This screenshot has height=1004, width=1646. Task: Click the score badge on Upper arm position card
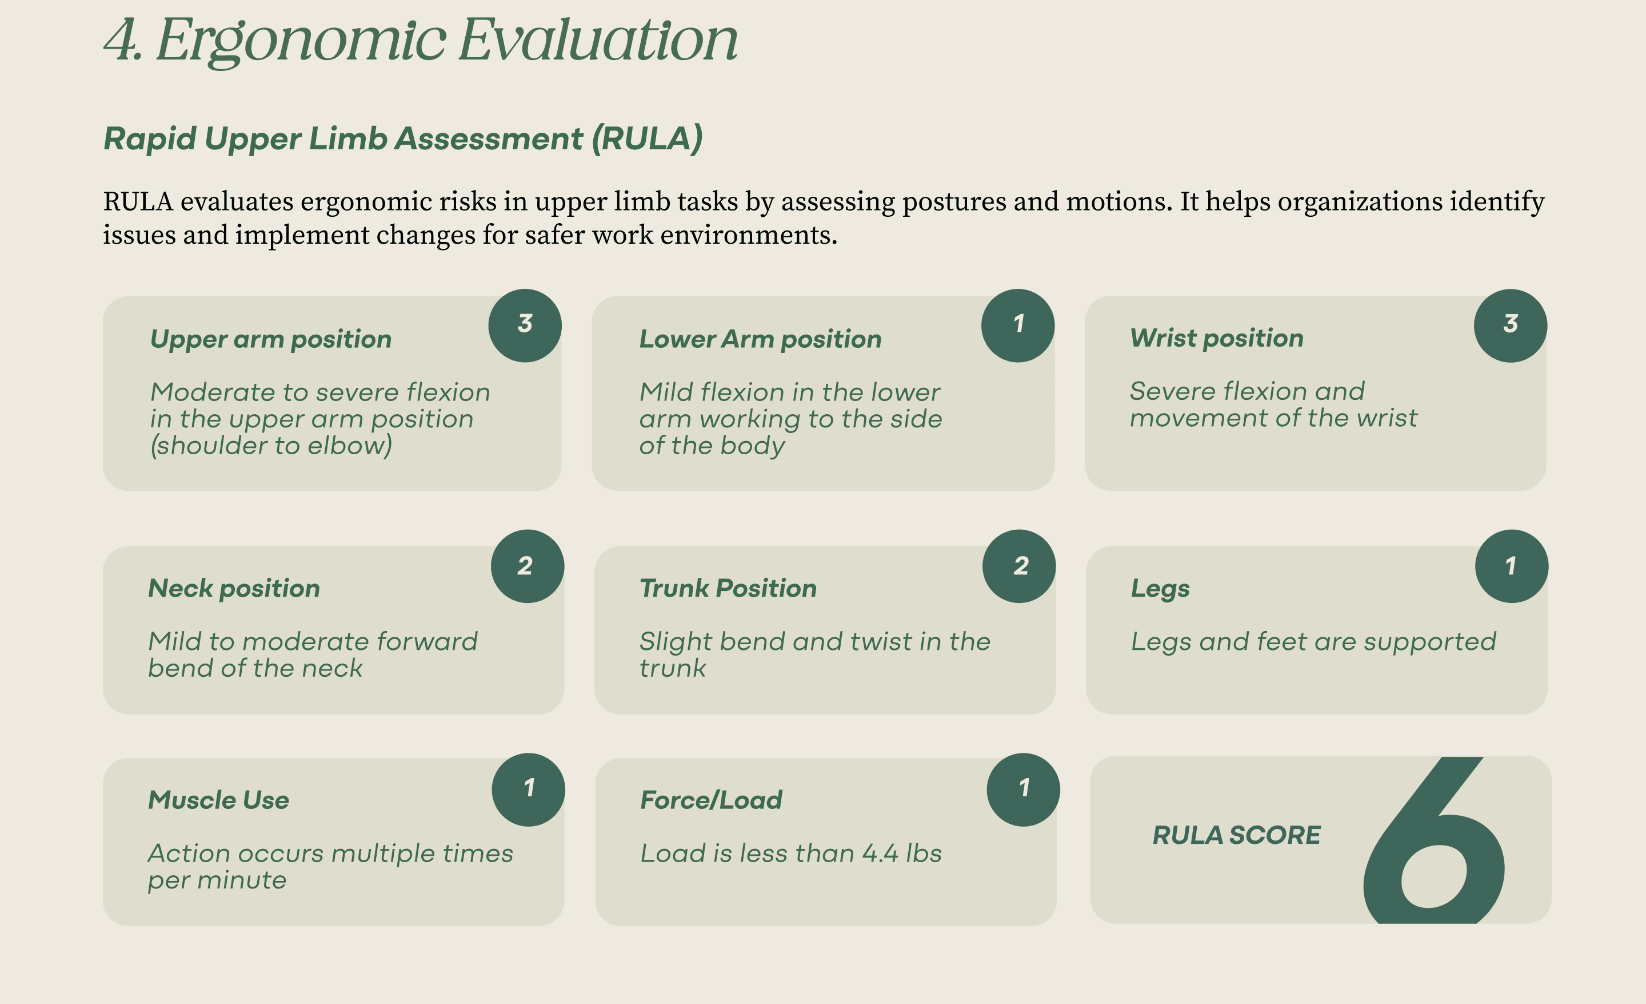coord(525,326)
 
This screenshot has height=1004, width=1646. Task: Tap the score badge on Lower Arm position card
coord(1017,326)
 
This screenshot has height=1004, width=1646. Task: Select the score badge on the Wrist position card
coord(1511,326)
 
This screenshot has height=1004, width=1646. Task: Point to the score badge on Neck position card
coord(527,566)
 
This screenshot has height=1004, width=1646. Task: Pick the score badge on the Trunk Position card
coord(1018,566)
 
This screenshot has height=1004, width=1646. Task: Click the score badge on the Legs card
coord(1512,566)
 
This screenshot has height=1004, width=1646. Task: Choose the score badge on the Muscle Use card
coord(529,789)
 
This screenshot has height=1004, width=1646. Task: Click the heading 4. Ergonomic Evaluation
coord(421,41)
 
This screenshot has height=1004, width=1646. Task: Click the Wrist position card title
coord(1216,338)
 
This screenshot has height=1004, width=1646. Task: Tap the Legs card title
coord(1160,589)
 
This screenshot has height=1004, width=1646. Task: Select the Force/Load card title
coord(711,800)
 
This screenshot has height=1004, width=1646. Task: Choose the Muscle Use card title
coord(218,800)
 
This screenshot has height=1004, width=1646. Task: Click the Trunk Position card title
coord(728,588)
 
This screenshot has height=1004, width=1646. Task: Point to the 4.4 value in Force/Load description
coord(880,854)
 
